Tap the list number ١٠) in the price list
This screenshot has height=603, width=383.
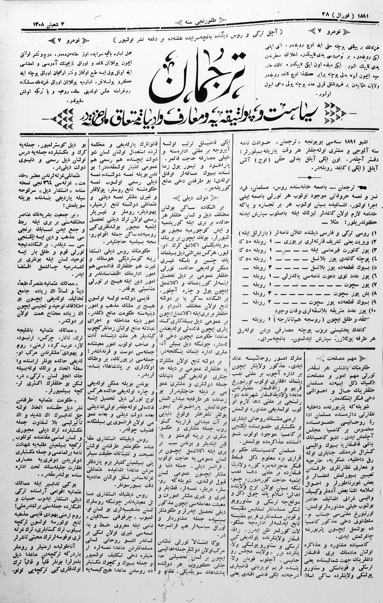pos(372,311)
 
